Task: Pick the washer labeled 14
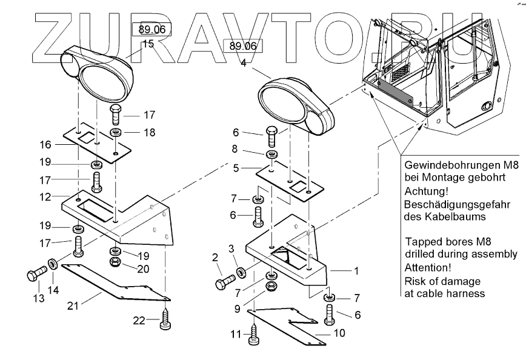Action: coord(52,264)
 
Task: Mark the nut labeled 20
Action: coord(116,262)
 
